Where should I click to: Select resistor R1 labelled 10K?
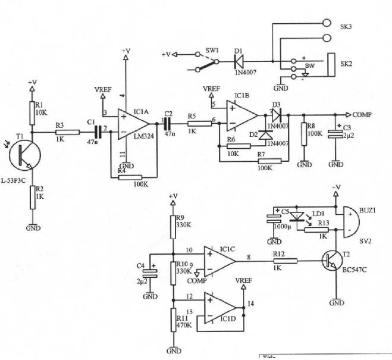[32, 110]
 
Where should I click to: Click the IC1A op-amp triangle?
[132, 123]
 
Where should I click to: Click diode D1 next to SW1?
[238, 61]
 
